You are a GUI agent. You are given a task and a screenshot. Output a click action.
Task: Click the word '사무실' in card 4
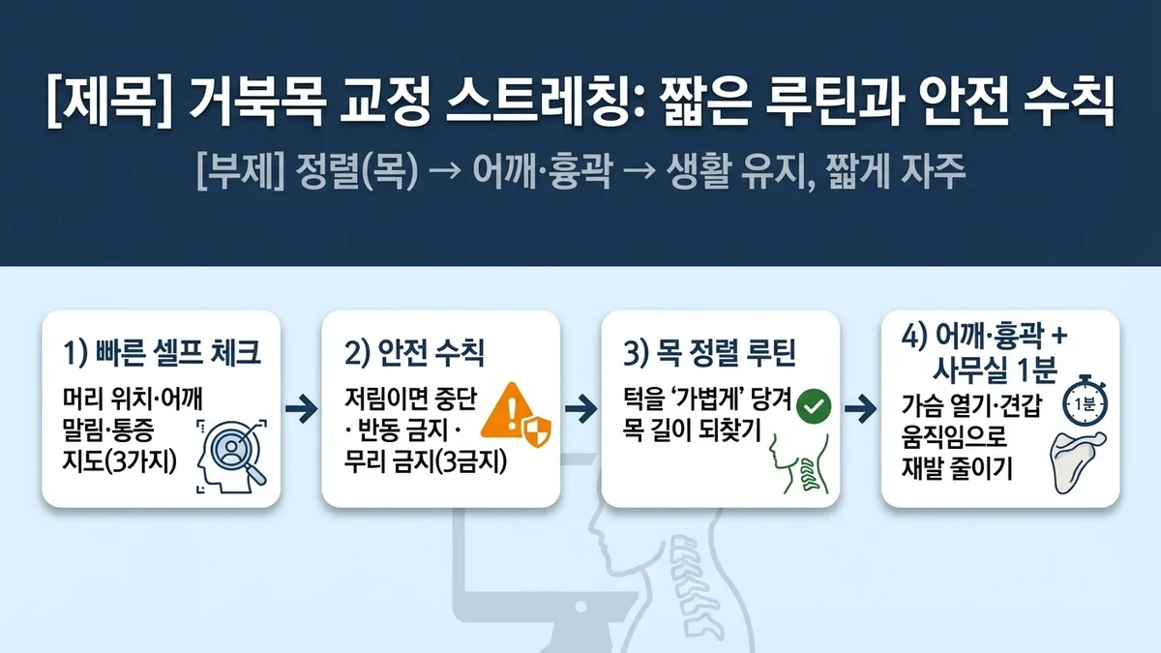point(977,370)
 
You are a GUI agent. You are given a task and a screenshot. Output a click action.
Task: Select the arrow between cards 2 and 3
point(580,408)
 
